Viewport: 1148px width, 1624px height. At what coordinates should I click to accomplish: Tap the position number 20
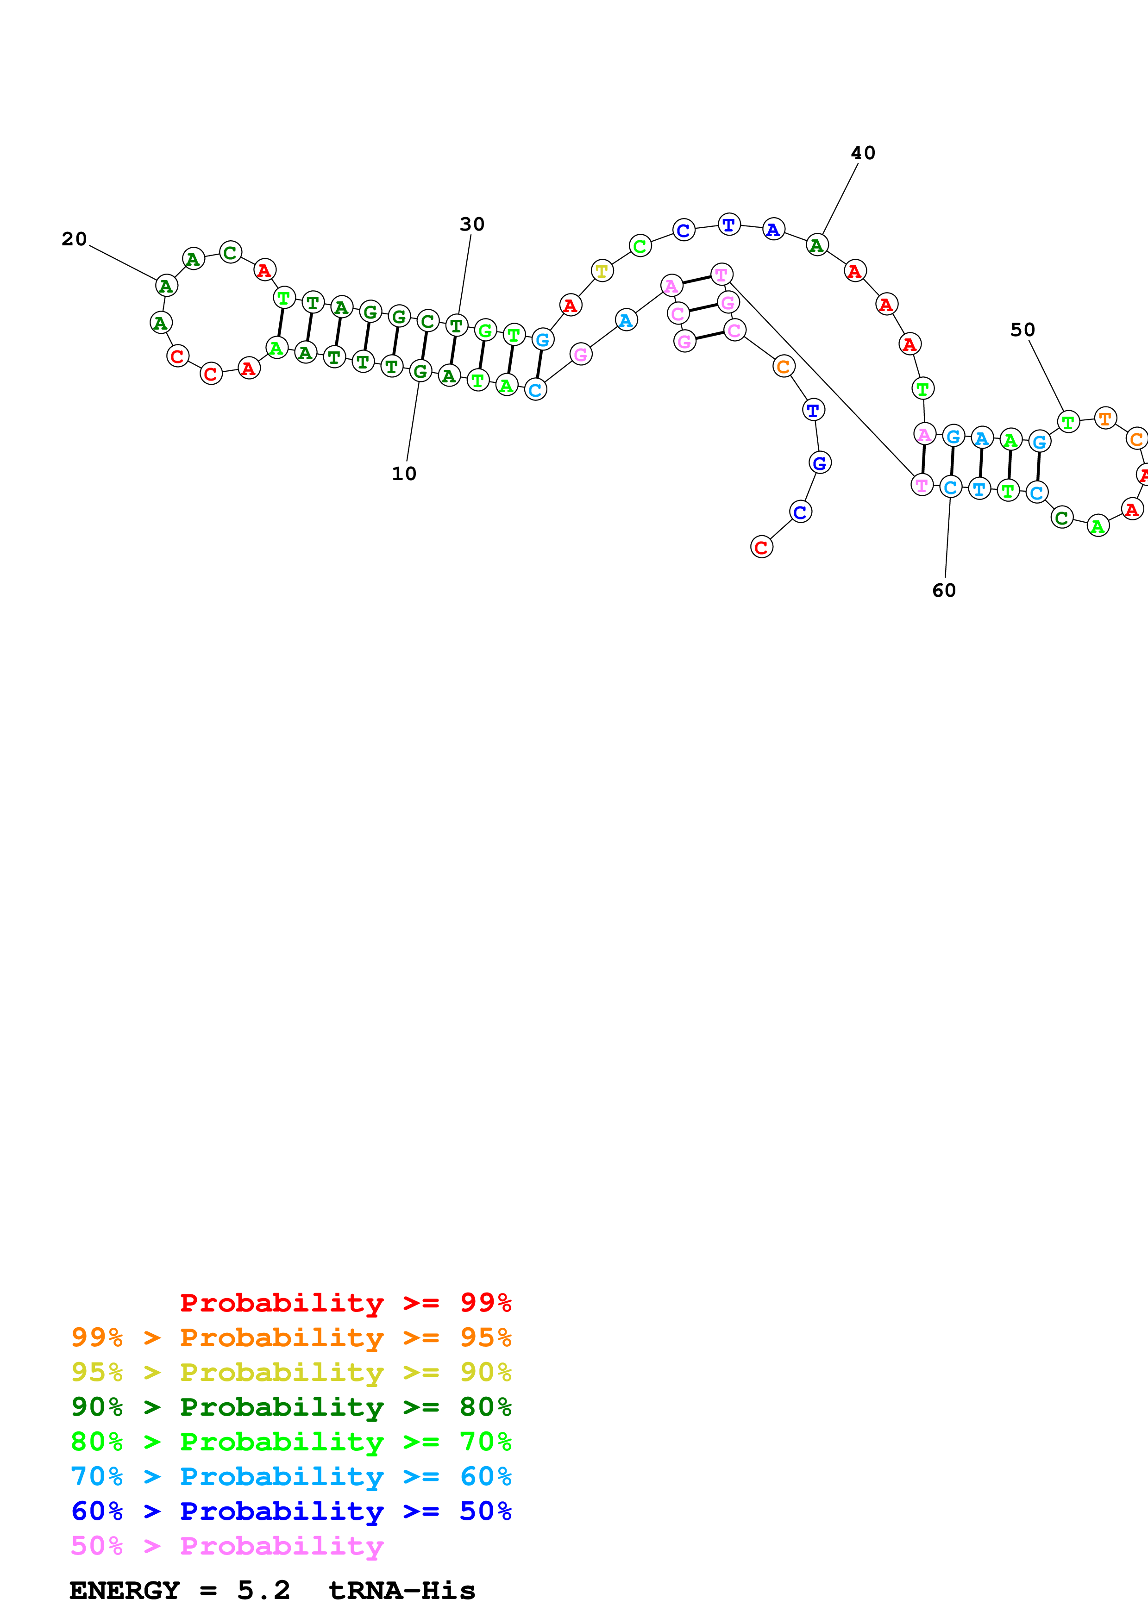click(x=74, y=239)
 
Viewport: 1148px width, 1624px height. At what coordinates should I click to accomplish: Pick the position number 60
click(x=944, y=591)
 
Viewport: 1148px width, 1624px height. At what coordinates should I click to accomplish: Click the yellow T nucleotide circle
click(x=601, y=270)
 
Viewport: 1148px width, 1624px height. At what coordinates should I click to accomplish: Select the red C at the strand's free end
click(x=761, y=547)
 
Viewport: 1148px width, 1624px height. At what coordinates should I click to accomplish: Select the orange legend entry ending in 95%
click(x=291, y=1337)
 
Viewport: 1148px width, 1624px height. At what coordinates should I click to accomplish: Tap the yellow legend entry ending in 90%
click(x=291, y=1372)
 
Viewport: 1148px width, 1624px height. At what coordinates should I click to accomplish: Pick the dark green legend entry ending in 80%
click(x=291, y=1407)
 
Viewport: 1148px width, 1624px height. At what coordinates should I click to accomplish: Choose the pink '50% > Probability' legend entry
click(x=226, y=1545)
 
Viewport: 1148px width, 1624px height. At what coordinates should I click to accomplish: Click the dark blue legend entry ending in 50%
click(x=291, y=1511)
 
